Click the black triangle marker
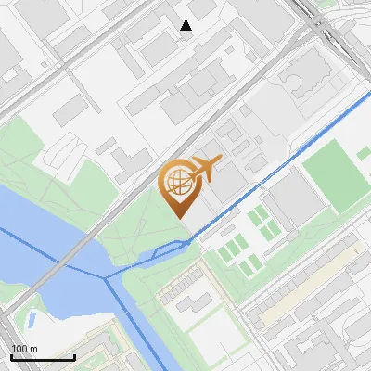click(186, 25)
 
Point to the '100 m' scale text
click(25, 349)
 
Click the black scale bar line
click(43, 357)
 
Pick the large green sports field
click(335, 175)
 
